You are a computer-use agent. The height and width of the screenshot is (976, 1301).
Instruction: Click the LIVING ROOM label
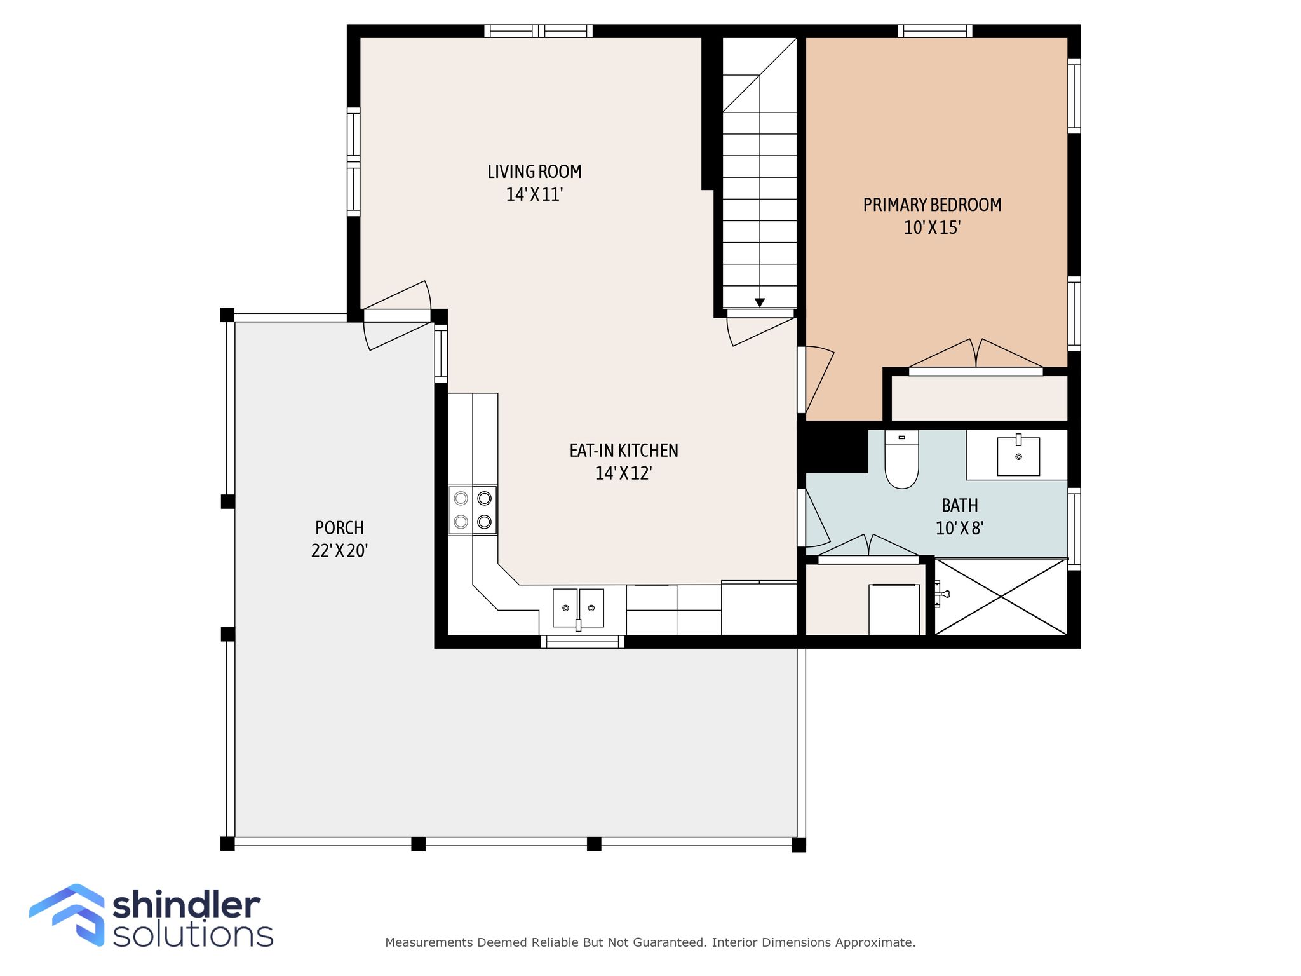(534, 172)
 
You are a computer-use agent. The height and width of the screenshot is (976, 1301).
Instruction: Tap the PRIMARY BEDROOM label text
(932, 205)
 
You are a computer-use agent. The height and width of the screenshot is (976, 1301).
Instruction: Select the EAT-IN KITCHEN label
(624, 451)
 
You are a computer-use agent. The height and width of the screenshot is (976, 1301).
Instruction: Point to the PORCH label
(340, 528)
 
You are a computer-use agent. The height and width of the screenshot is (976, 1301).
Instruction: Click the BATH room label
(960, 506)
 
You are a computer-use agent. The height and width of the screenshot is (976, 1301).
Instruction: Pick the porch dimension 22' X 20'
(340, 550)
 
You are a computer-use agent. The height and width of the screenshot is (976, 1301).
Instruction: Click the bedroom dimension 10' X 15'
(932, 227)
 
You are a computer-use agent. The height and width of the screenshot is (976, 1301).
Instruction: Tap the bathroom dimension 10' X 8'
(960, 528)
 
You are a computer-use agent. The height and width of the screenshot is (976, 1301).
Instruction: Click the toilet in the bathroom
(901, 459)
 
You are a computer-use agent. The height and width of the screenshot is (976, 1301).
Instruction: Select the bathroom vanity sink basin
(1018, 456)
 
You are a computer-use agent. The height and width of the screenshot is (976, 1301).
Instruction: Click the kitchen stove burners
(473, 510)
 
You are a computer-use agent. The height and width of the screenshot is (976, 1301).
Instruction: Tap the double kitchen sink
(578, 608)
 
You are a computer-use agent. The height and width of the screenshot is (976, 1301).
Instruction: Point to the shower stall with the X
(1001, 596)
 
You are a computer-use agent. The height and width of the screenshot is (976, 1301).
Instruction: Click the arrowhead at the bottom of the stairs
(760, 302)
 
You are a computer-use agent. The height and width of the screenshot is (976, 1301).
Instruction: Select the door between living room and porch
(397, 315)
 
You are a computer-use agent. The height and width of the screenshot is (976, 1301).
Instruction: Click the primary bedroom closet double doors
(976, 355)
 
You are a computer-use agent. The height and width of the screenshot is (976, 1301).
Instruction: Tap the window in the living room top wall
(538, 31)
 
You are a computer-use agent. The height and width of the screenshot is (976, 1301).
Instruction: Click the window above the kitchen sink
(583, 642)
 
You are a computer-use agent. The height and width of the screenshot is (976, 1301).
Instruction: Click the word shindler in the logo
(187, 905)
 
